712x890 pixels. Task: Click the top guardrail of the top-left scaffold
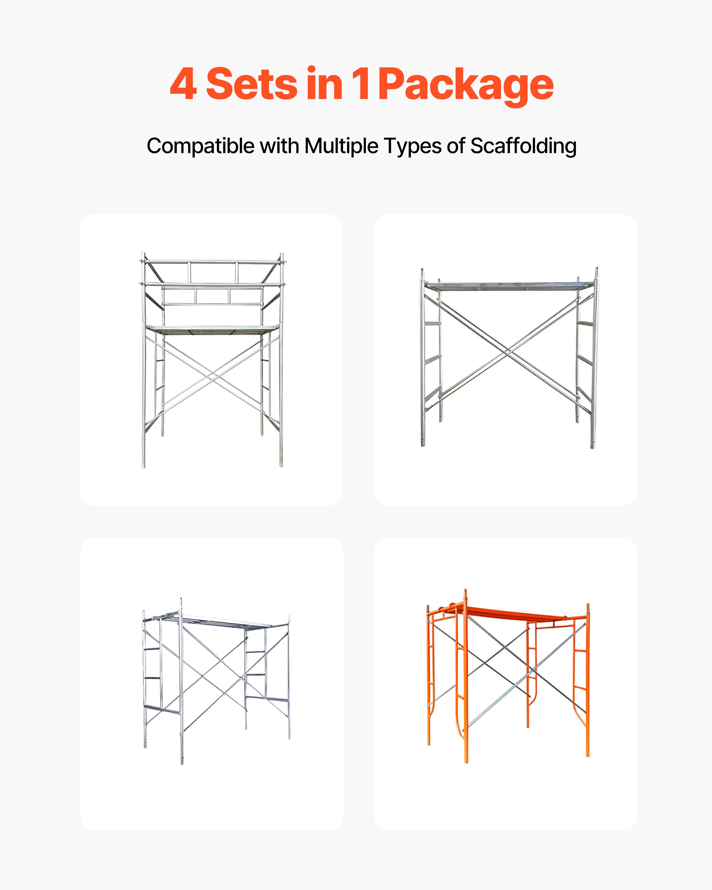coord(213,262)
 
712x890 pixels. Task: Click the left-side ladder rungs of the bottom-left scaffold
coord(152,677)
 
